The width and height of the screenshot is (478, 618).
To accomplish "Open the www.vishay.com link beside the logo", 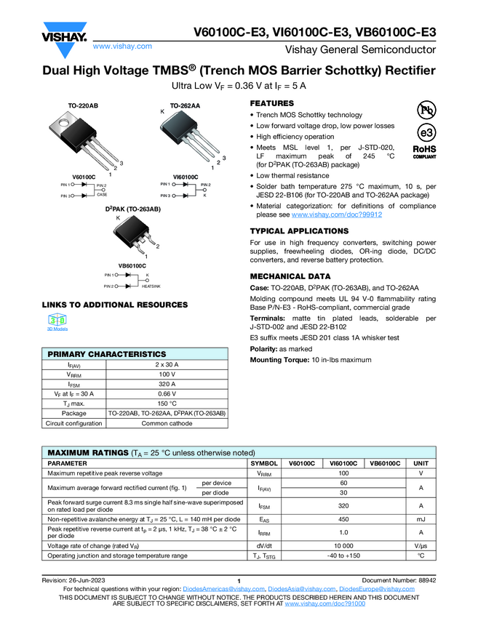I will pyautogui.click(x=122, y=46).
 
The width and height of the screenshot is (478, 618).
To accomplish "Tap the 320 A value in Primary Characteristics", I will pyautogui.click(x=167, y=385).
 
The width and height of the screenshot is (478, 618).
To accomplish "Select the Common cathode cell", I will pyautogui.click(x=167, y=423).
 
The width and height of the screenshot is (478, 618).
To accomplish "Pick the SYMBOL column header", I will pyautogui.click(x=263, y=463).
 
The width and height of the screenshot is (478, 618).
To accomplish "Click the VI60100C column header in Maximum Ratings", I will pyautogui.click(x=343, y=463).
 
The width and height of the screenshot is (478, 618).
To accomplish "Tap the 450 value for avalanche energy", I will pyautogui.click(x=343, y=519).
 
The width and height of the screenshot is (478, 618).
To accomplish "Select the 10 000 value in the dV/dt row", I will pyautogui.click(x=343, y=545).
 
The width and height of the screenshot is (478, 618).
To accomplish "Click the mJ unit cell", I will pyautogui.click(x=420, y=519).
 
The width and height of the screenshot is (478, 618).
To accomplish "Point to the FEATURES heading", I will pyautogui.click(x=271, y=104).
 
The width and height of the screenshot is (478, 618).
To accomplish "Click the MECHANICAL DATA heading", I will pyautogui.click(x=290, y=277).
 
